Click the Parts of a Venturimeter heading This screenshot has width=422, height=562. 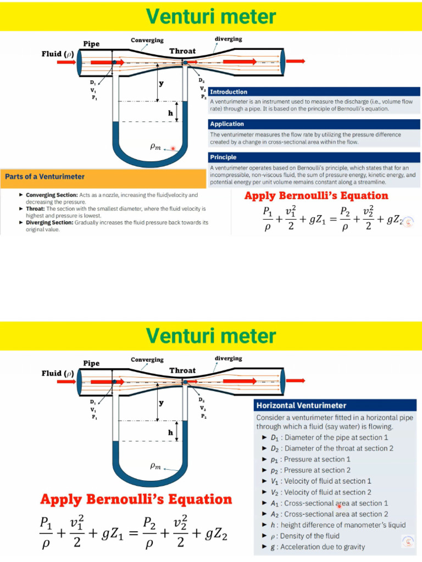click(45, 177)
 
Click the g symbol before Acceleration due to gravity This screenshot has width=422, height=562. click(273, 547)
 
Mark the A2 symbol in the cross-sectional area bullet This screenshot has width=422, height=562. click(276, 514)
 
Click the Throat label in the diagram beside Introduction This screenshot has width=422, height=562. click(182, 51)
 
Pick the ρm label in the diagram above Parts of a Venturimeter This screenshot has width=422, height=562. click(156, 147)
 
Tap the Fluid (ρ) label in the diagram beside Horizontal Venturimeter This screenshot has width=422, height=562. click(58, 373)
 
